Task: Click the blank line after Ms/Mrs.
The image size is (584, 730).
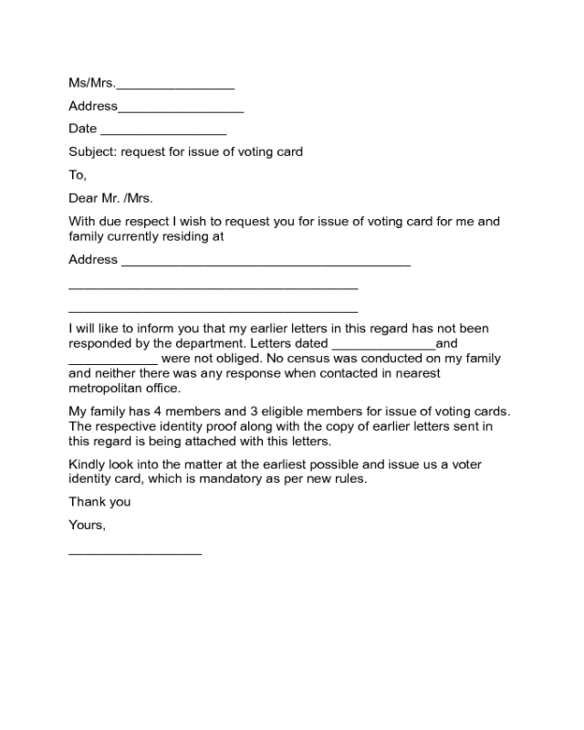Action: pyautogui.click(x=175, y=88)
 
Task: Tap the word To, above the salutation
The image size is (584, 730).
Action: pyautogui.click(x=78, y=174)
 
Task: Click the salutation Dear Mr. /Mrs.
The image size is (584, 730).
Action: pyautogui.click(x=110, y=197)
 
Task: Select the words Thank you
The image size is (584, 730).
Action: pyautogui.click(x=99, y=501)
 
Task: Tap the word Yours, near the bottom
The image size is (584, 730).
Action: pyautogui.click(x=88, y=525)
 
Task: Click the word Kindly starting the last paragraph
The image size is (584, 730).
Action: pyautogui.click(x=89, y=464)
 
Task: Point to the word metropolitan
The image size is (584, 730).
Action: pyautogui.click(x=108, y=388)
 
